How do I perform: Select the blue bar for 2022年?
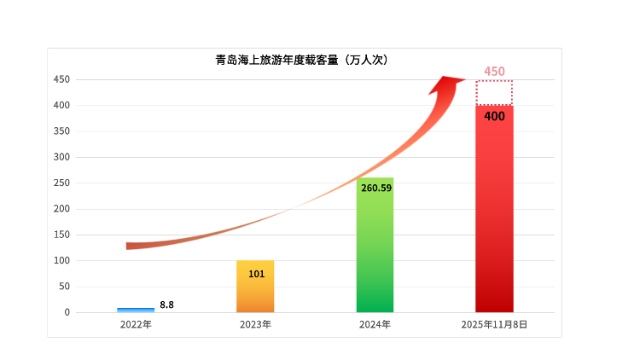tap(136, 309)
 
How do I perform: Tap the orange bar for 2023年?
tap(255, 287)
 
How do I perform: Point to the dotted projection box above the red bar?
tap(494, 92)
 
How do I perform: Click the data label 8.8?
tap(167, 305)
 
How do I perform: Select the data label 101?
tap(256, 274)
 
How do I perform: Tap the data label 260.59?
tap(376, 188)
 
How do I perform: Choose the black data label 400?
tap(494, 115)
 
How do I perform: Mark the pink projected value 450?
tap(495, 71)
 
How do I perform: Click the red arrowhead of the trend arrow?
tap(445, 84)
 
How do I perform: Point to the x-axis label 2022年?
tap(136, 325)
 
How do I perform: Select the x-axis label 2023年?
tap(255, 325)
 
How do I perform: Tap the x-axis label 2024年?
tap(375, 325)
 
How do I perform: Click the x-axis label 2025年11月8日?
tap(494, 325)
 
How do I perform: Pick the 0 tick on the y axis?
tap(67, 312)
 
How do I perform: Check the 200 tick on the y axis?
tap(61, 209)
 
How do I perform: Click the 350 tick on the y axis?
tap(61, 131)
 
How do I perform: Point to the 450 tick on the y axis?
tap(61, 79)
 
